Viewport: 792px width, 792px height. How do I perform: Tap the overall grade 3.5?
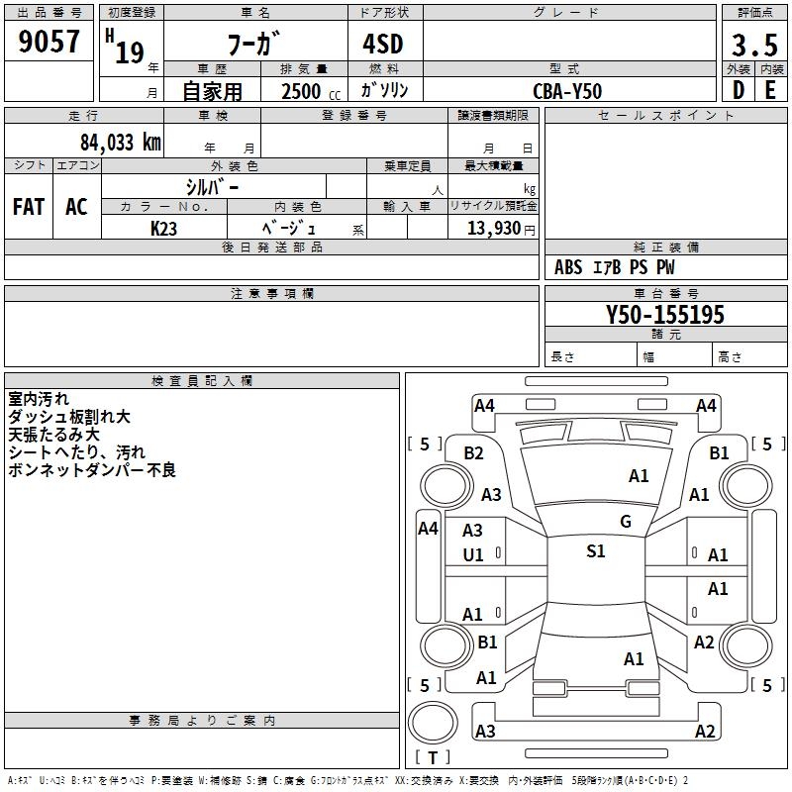coord(752,45)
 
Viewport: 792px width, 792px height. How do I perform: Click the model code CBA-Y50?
coord(567,90)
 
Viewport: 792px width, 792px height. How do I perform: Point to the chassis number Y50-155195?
coord(665,315)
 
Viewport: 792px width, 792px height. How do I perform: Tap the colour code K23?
coord(164,227)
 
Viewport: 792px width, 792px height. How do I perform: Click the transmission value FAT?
coord(28,206)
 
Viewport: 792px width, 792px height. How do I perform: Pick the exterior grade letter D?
coord(738,90)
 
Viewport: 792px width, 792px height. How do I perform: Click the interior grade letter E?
coord(770,90)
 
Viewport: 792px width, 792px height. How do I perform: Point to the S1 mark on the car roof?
coord(595,551)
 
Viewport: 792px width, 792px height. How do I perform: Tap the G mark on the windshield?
coord(625,522)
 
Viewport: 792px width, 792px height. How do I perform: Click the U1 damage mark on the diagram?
coord(473,555)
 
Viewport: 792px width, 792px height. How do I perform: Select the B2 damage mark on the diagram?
coord(473,452)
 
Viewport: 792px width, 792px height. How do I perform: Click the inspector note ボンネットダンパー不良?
coord(91,470)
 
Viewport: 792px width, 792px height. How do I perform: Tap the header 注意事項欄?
coord(271,294)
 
